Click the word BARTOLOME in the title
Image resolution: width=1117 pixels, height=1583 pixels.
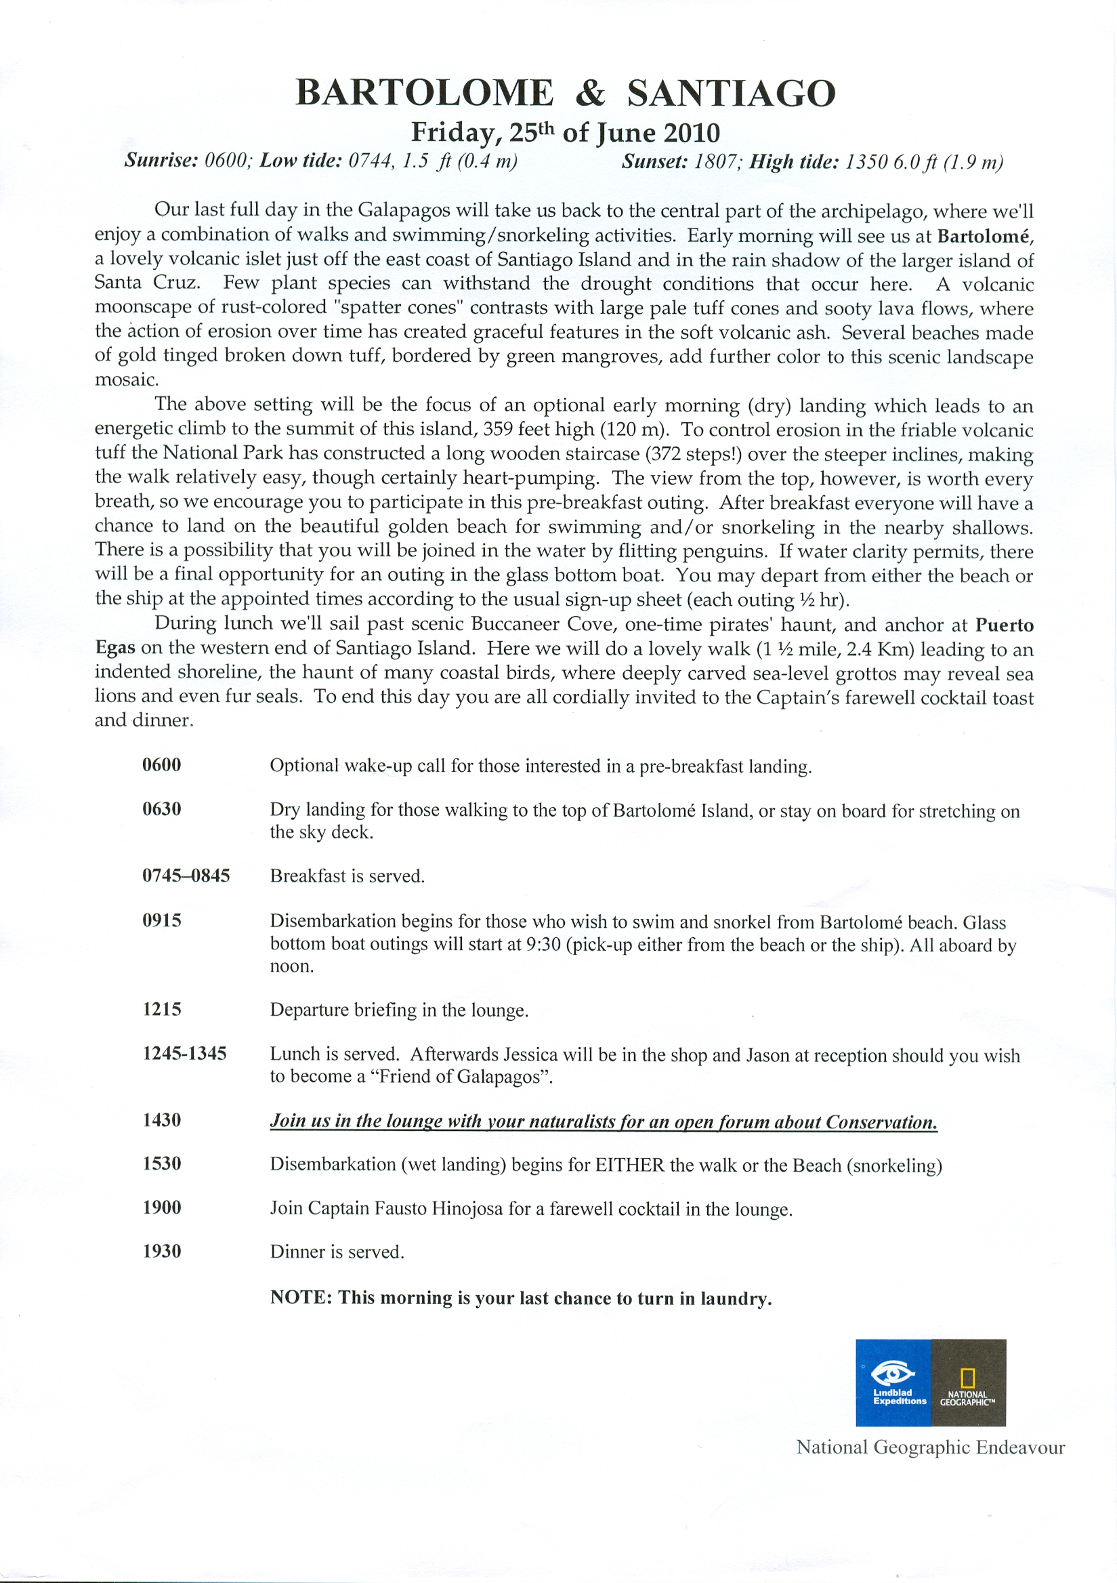(424, 94)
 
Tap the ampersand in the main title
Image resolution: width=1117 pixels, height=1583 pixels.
(590, 94)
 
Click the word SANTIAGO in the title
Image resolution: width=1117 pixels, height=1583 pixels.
(731, 94)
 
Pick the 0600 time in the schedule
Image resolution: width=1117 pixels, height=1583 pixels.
(162, 765)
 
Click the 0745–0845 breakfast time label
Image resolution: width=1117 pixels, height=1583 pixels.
(186, 876)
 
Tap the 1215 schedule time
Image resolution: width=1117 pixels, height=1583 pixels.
(162, 1010)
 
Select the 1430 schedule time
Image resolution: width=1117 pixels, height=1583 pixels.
(162, 1120)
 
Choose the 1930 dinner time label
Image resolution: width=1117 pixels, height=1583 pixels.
(162, 1252)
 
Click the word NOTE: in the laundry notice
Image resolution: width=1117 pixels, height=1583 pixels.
(301, 1298)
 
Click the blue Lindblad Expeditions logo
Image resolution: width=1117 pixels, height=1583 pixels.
(893, 1382)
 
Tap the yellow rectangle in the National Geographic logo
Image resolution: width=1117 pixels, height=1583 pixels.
(967, 1378)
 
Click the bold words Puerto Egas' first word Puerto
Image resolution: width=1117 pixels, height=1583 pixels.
(1004, 625)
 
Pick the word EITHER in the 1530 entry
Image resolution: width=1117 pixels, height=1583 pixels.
(630, 1165)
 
